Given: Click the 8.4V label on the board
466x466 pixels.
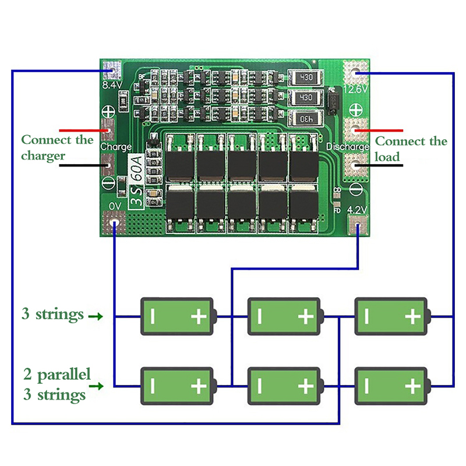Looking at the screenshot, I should pyautogui.click(x=111, y=86).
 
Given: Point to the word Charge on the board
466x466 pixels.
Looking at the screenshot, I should pyautogui.click(x=116, y=147).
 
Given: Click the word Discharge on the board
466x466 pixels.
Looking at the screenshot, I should pyautogui.click(x=348, y=147).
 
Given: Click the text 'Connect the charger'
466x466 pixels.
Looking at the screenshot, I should pyautogui.click(x=57, y=148).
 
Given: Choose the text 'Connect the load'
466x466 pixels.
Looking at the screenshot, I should pyautogui.click(x=411, y=149).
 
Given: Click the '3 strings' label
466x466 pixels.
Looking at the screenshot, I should pyautogui.click(x=52, y=315).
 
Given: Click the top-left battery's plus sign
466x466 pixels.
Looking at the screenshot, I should pyautogui.click(x=199, y=317).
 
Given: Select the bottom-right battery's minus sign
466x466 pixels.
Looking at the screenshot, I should pyautogui.click(x=367, y=385).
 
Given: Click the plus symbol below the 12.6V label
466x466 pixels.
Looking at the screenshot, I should pyautogui.click(x=356, y=109).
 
